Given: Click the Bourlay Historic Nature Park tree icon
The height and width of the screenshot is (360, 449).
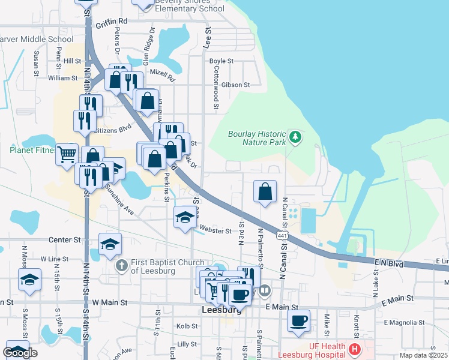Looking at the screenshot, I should [295, 137].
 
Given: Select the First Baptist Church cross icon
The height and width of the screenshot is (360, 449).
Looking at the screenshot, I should [121, 265].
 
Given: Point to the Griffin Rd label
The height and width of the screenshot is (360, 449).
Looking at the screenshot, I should [112, 20].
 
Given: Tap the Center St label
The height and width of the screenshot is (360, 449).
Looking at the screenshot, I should [64, 239].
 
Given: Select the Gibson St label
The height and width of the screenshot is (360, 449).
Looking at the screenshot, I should [235, 85].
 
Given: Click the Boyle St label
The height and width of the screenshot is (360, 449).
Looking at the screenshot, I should [221, 61].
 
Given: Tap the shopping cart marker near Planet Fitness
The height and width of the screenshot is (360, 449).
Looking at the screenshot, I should [67, 154].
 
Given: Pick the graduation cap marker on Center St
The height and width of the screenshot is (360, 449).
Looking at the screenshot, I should [110, 244].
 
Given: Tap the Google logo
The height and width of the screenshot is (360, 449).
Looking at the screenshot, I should [20, 353].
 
